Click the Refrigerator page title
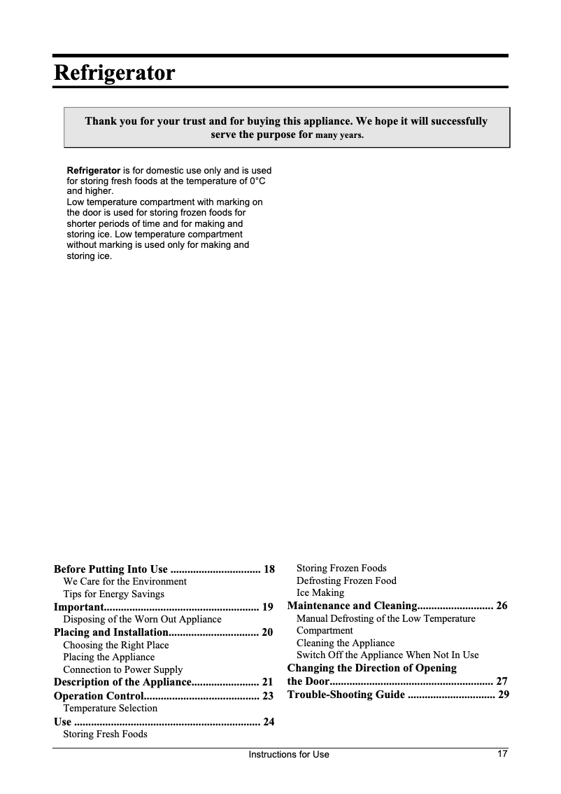point(114,73)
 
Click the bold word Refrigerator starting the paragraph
point(93,170)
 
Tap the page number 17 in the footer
point(502,754)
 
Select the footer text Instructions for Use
point(289,755)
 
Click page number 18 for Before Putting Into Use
point(269,569)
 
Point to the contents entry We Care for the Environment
point(125,581)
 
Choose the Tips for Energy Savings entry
point(113,594)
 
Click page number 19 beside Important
point(267,606)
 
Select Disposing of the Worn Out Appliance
point(142,619)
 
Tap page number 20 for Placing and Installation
point(267,632)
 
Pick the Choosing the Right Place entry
point(115,645)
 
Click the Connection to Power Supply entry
point(122,669)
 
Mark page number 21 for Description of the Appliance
point(267,682)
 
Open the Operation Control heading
point(98,696)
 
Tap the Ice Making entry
point(320,592)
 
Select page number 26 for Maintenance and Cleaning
point(502,606)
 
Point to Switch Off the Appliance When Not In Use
point(388,655)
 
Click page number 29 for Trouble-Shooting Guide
point(503,695)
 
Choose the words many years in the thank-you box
point(340,135)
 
